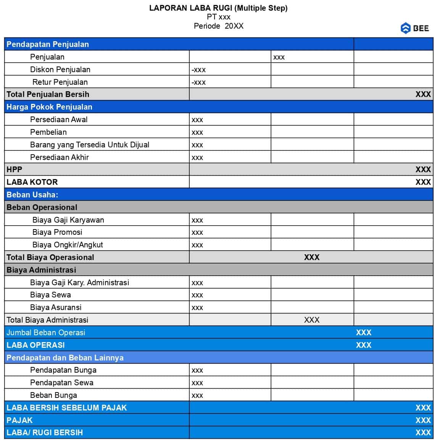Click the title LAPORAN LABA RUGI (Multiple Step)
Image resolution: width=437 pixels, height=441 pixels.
click(x=218, y=8)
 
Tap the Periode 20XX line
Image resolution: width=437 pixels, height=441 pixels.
click(x=218, y=26)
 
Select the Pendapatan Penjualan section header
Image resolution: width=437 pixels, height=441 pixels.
click(x=48, y=44)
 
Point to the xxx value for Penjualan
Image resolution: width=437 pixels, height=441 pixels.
click(x=279, y=57)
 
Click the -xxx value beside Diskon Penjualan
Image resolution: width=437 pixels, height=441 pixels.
click(x=198, y=70)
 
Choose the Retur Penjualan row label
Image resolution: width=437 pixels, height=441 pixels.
click(x=60, y=82)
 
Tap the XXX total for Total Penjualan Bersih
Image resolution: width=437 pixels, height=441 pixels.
click(x=423, y=94)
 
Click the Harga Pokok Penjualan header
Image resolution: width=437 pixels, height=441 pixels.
click(x=49, y=107)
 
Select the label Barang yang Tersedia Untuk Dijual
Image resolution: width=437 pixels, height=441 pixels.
click(x=90, y=145)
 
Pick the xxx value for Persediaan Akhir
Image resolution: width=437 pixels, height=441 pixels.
click(x=197, y=157)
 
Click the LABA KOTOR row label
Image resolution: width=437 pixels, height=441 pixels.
click(x=32, y=182)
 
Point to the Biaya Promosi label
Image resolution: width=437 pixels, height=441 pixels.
click(x=57, y=232)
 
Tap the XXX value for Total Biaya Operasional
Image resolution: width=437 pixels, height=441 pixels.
click(x=311, y=257)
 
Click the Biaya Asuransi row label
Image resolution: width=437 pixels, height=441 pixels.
click(x=56, y=307)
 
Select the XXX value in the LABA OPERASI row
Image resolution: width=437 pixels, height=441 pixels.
click(x=363, y=345)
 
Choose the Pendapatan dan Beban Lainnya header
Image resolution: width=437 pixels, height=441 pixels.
click(x=65, y=358)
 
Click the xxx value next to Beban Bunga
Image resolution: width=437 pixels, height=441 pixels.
click(x=197, y=395)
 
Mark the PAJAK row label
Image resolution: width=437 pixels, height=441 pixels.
click(x=19, y=420)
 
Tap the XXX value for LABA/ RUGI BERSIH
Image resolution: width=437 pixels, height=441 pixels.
click(x=423, y=433)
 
